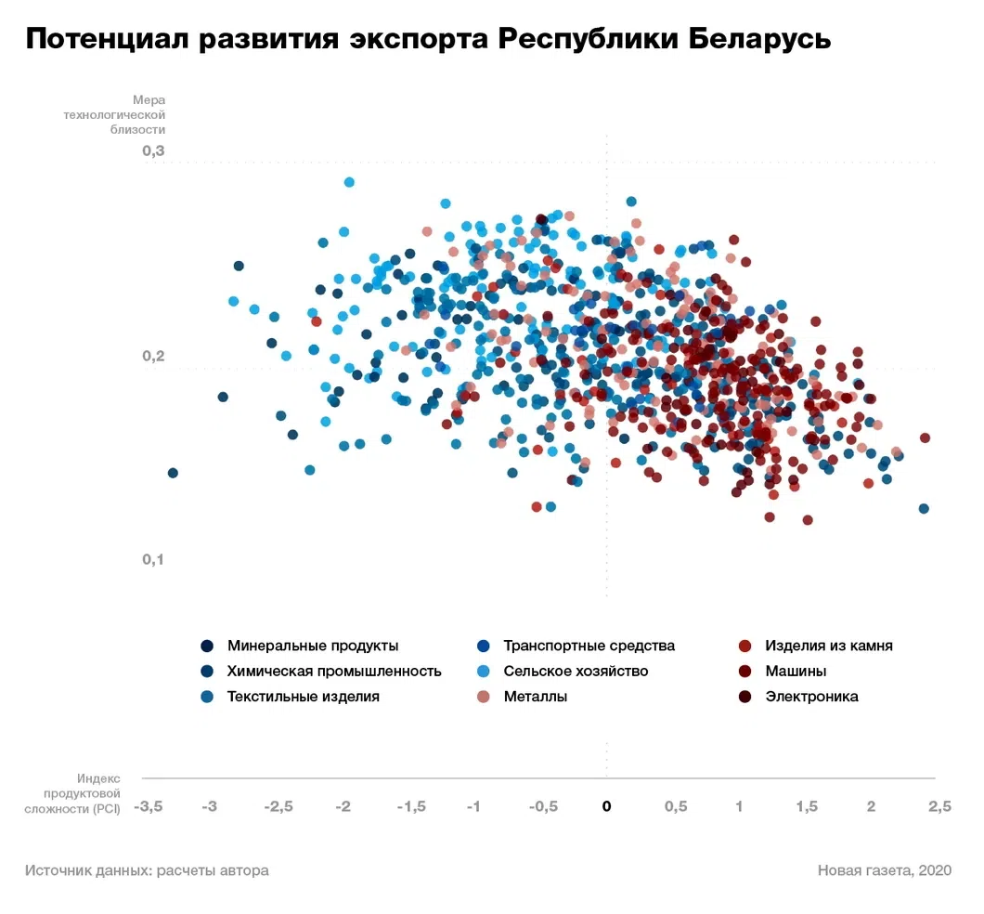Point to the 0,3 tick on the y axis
153,151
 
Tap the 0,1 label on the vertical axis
153,559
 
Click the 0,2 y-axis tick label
153,357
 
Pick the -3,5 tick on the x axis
148,806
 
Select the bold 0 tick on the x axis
606,806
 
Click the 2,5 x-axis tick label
939,806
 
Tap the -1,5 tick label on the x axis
411,806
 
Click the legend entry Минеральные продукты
313,646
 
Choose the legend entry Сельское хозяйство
576,671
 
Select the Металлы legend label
536,696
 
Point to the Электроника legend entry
811,696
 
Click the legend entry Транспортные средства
589,646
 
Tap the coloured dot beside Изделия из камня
744,646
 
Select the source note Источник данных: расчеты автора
147,870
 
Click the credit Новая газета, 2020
884,870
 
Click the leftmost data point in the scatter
173,473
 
